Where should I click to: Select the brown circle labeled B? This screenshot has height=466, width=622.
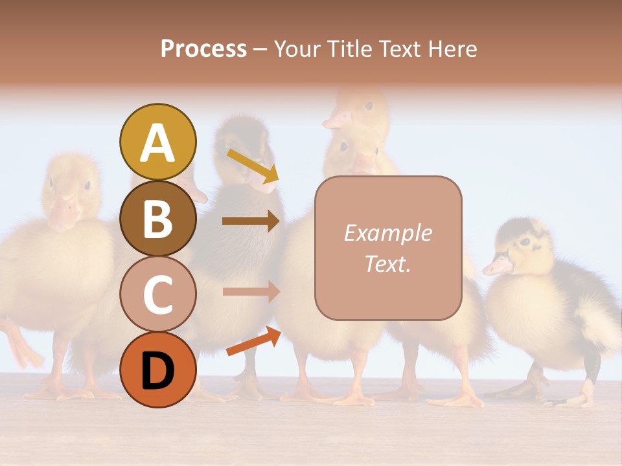(157, 218)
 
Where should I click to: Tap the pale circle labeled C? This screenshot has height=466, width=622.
(157, 294)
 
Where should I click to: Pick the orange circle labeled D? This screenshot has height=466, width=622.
(157, 370)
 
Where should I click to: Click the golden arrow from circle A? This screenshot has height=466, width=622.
(253, 166)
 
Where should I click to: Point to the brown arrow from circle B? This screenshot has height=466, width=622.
(251, 221)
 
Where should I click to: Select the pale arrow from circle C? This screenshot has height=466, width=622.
(251, 291)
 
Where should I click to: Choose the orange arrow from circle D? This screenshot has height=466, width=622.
(254, 342)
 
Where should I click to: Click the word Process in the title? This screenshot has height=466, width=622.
(203, 49)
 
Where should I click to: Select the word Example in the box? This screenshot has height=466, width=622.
(387, 234)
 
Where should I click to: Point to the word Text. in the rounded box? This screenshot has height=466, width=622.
(387, 263)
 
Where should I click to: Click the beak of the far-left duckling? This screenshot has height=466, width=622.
(63, 214)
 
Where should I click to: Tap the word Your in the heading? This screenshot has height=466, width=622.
(299, 49)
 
